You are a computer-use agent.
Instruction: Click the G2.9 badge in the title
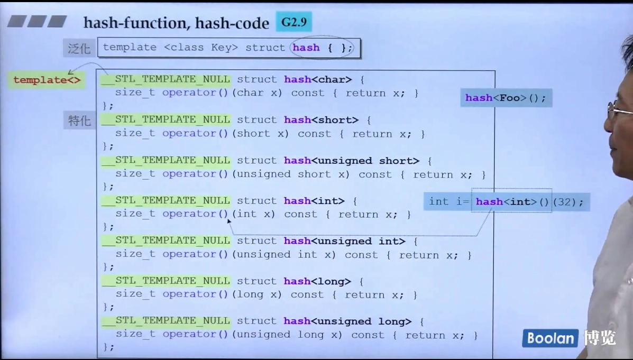point(294,22)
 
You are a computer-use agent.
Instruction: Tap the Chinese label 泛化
point(79,48)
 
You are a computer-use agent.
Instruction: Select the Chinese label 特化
point(79,120)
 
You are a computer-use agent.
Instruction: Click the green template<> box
point(47,80)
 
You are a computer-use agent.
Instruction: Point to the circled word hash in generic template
point(307,48)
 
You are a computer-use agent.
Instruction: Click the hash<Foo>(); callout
point(506,98)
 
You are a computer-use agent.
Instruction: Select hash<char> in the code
point(317,80)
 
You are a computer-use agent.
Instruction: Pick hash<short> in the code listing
point(320,120)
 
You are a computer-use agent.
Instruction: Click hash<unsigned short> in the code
point(351,161)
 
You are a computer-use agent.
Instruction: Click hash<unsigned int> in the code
point(344,241)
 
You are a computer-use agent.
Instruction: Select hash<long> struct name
point(317,281)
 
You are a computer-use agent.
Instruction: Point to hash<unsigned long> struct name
point(347,321)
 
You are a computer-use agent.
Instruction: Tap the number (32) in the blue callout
point(567,201)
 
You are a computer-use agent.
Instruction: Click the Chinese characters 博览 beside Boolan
point(600,338)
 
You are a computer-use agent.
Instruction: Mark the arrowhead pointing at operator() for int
point(229,221)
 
